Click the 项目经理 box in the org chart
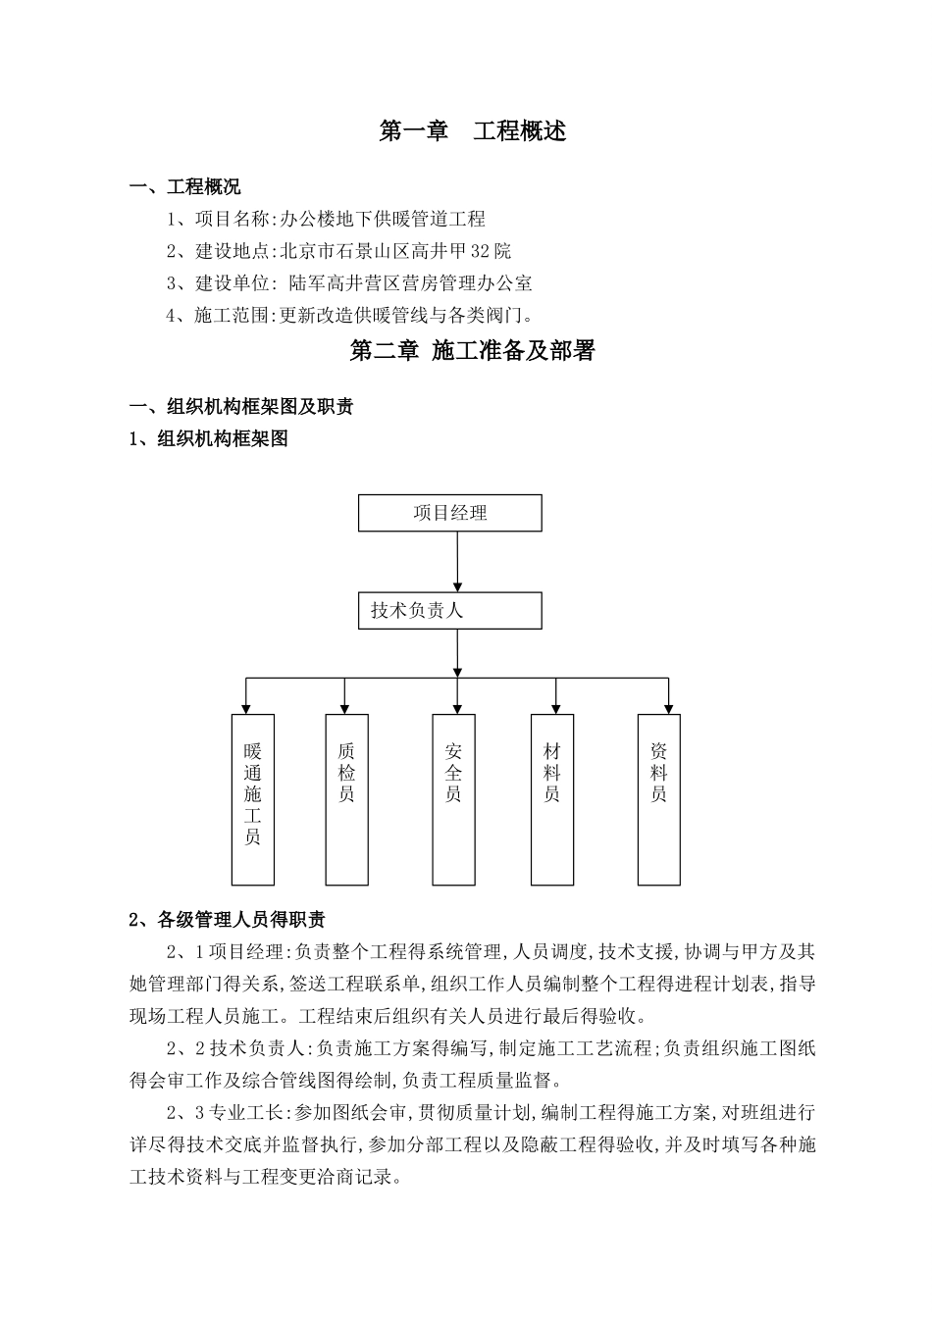[x=449, y=513]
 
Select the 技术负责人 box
[x=449, y=610]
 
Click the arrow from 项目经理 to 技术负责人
[x=457, y=562]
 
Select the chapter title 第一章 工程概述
[x=473, y=131]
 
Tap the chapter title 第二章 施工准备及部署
[x=473, y=351]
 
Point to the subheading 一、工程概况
[x=185, y=186]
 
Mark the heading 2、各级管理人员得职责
[x=228, y=920]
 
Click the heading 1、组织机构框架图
[x=209, y=439]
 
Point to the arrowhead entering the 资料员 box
[x=669, y=707]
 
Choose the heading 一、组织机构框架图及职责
[x=242, y=407]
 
